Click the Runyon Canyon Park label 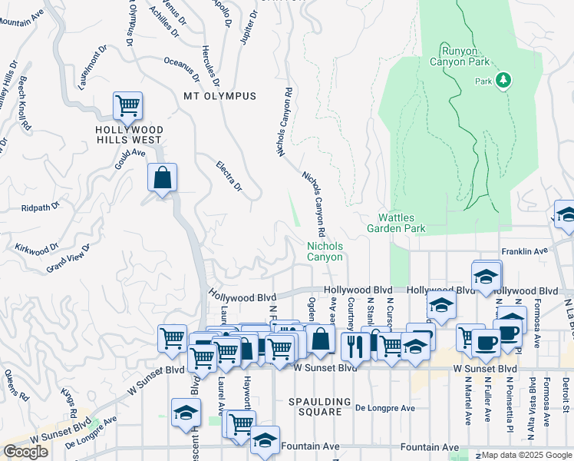coord(459,55)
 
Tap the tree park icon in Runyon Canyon coord(503,80)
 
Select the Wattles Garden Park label coord(396,223)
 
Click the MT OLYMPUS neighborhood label coord(219,96)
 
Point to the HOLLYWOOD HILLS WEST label coord(129,134)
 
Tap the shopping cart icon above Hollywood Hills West coord(127,105)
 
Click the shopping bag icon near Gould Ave coord(163,178)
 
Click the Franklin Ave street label coord(525,251)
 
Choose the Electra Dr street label coord(229,176)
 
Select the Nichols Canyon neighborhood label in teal coord(325,252)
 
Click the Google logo coord(25,452)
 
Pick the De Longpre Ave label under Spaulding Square coord(384,408)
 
